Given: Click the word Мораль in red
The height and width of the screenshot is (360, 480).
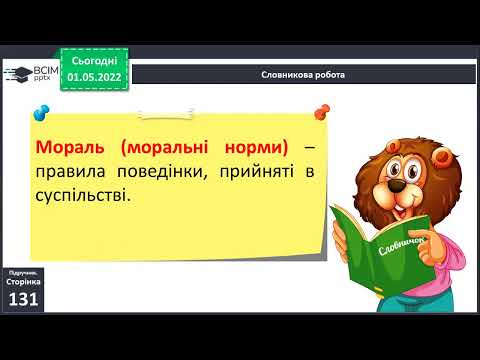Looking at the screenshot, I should tap(69, 147).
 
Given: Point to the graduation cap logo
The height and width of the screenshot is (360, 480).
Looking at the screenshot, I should tap(17, 72).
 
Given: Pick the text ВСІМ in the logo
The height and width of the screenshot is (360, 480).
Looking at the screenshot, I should tap(45, 69).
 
